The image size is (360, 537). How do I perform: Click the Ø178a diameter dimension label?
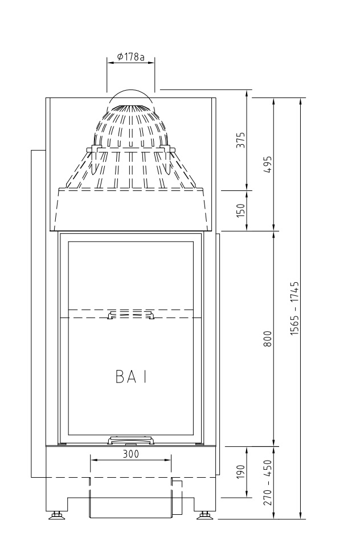(130, 57)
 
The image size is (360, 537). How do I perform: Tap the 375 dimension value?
(242, 140)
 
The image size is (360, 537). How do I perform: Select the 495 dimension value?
(268, 164)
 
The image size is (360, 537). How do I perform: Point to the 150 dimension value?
(242, 210)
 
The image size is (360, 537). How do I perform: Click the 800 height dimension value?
(268, 339)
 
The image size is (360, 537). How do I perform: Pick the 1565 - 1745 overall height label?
(294, 308)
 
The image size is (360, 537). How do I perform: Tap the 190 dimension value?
(242, 471)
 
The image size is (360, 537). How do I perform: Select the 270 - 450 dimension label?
(268, 482)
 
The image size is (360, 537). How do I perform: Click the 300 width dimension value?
(130, 454)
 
